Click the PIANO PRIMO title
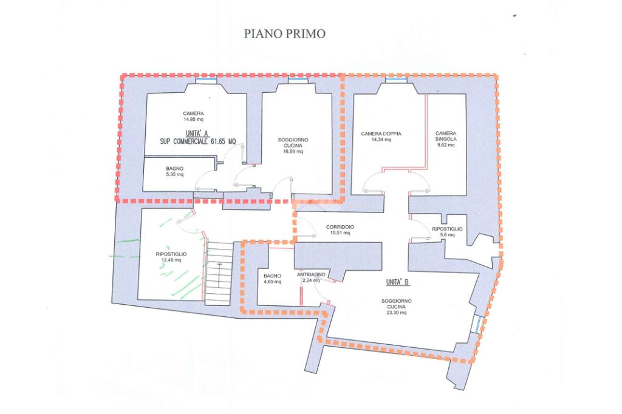click(x=285, y=33)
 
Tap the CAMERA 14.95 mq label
click(x=193, y=117)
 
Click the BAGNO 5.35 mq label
click(x=174, y=172)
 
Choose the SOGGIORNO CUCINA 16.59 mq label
click(x=293, y=146)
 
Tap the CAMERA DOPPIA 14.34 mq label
click(x=381, y=137)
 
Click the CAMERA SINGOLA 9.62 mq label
click(x=446, y=138)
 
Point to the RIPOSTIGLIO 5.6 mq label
click(x=447, y=232)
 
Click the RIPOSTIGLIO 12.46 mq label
click(x=171, y=256)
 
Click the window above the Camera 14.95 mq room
click(x=204, y=81)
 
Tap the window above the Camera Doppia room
click(x=395, y=80)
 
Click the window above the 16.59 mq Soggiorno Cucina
click(x=296, y=81)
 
